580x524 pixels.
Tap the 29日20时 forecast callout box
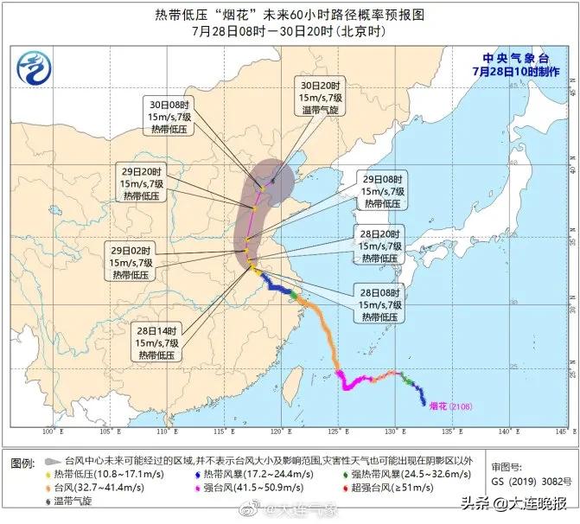(141, 180)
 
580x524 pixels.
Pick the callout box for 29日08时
(381, 192)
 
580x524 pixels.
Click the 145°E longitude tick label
(562, 430)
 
